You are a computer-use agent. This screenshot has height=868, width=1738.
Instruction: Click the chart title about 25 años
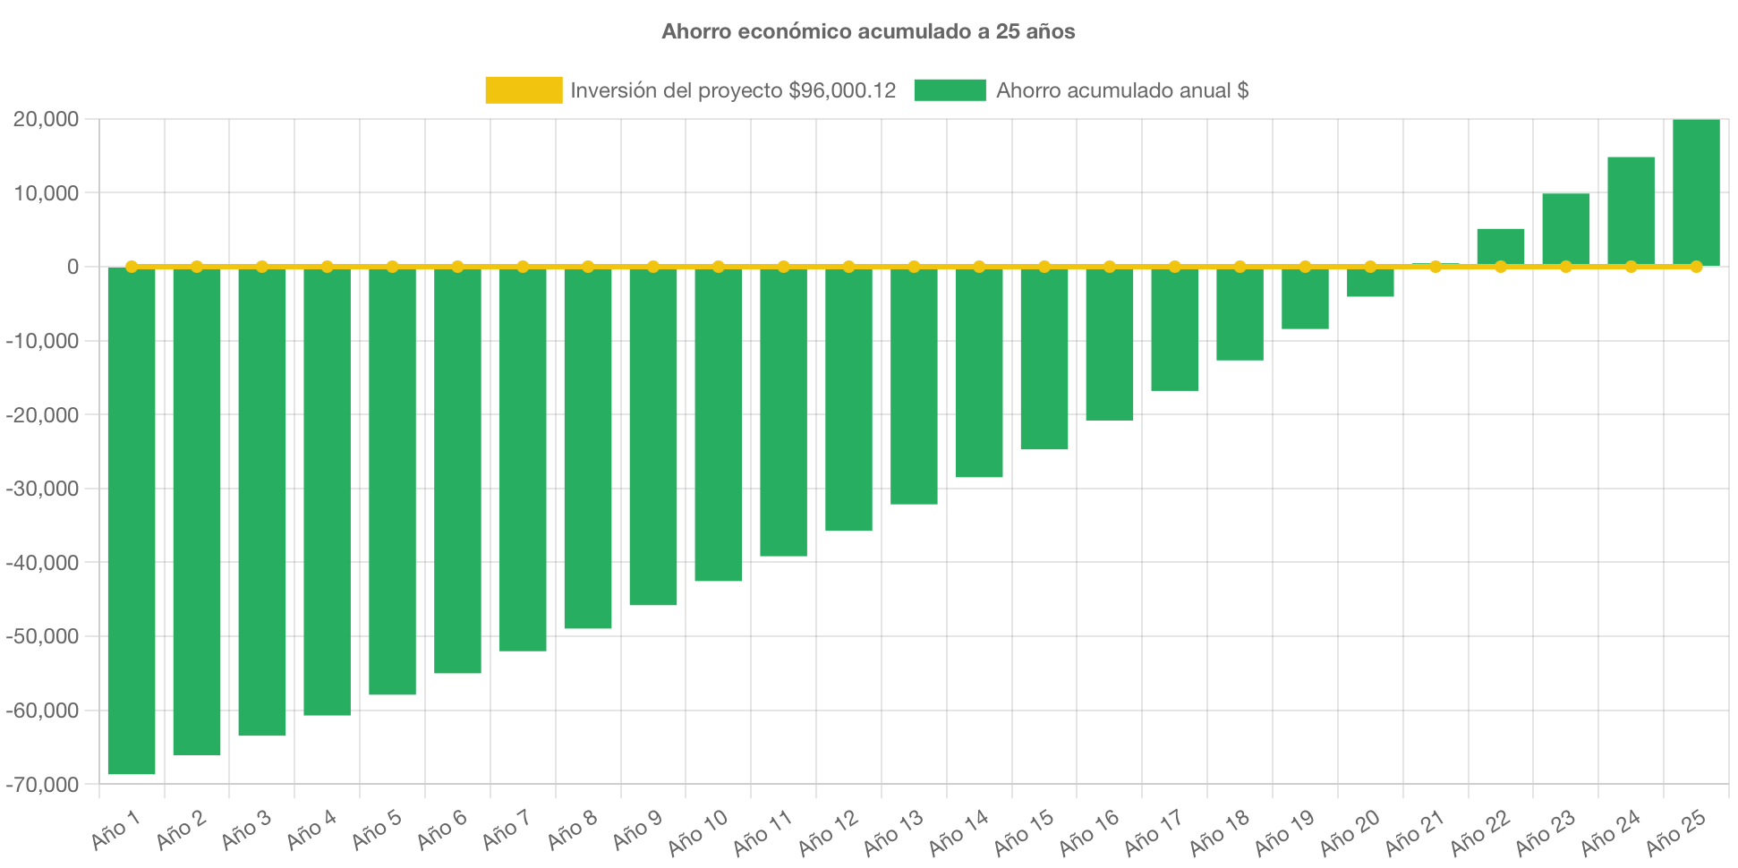868,31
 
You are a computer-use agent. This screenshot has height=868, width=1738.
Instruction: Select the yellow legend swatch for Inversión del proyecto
524,90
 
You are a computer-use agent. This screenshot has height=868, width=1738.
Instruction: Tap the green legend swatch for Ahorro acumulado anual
950,90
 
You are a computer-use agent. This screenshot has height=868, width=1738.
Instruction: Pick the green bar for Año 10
719,425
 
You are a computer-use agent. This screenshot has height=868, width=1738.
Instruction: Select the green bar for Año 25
1696,192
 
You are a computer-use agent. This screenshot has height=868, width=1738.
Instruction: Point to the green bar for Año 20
1370,283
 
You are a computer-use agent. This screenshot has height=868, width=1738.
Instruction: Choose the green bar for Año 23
1566,229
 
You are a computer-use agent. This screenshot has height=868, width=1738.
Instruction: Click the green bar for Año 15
1044,359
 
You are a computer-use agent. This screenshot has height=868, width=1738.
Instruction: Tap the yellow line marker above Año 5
392,267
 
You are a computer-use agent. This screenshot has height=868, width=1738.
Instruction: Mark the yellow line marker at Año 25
1696,267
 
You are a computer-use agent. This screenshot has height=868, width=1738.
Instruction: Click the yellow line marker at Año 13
914,267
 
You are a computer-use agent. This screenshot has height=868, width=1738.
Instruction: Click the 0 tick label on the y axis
73,267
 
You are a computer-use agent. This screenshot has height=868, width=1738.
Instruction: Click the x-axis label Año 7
507,831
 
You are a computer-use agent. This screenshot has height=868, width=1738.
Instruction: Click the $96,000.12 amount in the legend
842,90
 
